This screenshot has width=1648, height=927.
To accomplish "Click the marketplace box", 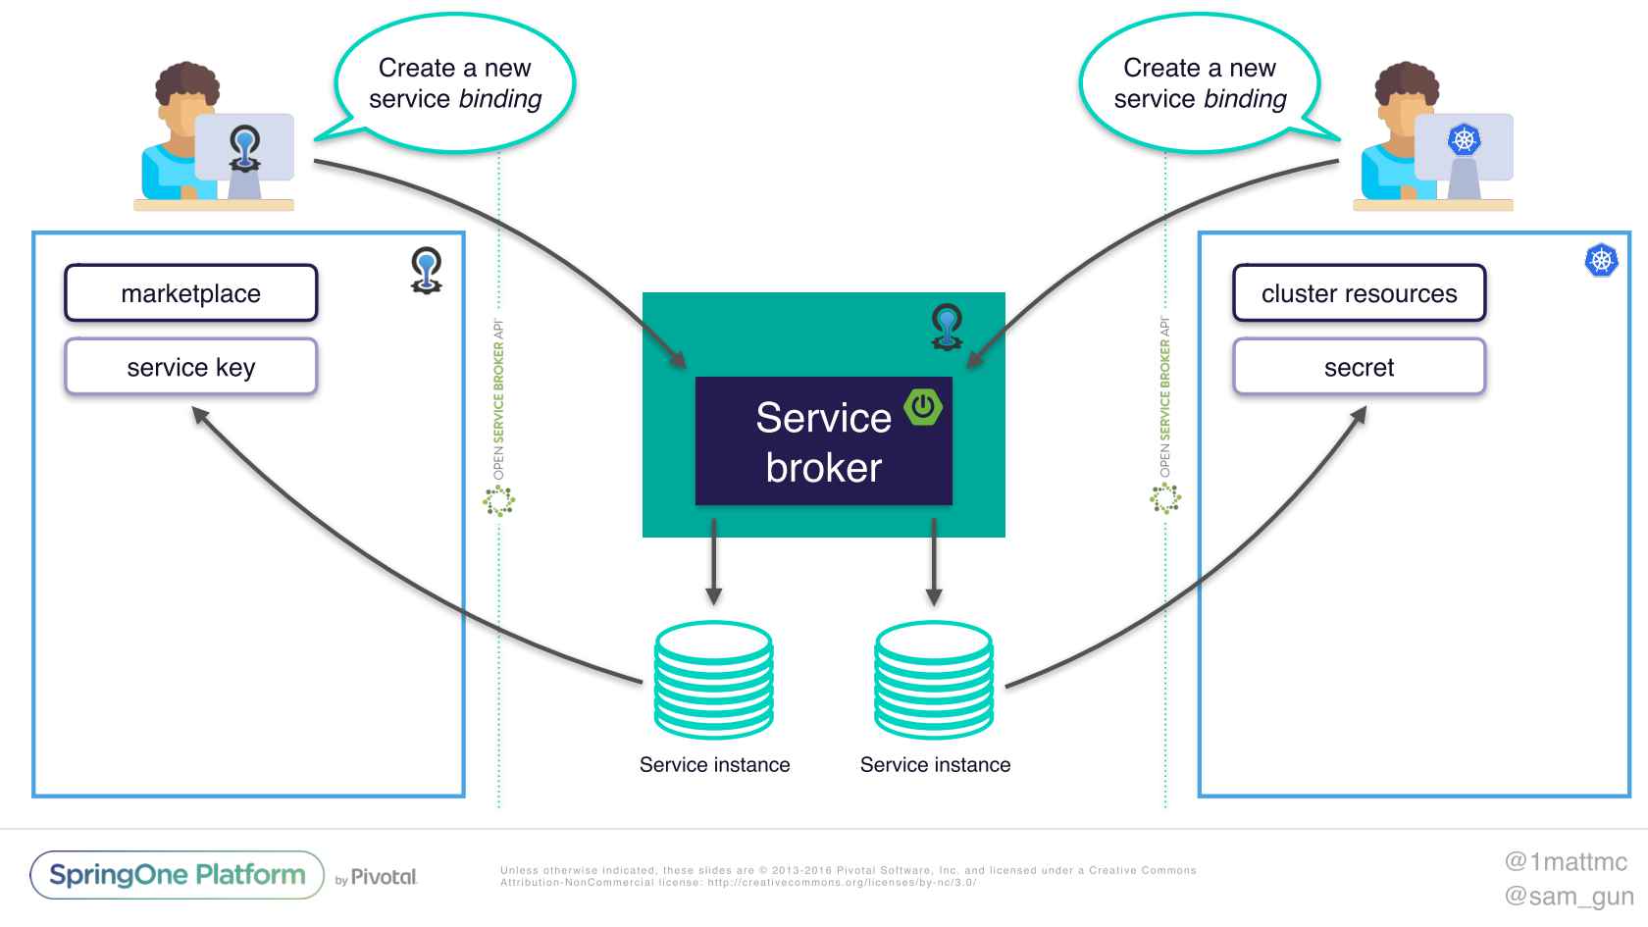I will point(191,293).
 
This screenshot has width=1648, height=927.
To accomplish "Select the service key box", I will point(191,367).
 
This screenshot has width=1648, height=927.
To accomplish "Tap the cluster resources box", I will point(1359,293).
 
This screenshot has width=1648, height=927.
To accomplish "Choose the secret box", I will point(1359,367).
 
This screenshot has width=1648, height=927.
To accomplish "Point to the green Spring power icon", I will point(923,406).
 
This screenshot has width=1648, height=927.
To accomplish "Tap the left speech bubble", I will point(455,83).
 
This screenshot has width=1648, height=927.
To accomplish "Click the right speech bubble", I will point(1200,83).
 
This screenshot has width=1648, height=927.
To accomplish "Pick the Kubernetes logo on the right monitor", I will point(1464,139).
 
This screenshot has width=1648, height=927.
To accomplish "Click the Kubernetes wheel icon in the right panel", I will point(1601,260).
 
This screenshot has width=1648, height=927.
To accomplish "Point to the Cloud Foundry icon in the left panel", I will point(426,271).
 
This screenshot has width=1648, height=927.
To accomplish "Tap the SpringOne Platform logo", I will point(178,875).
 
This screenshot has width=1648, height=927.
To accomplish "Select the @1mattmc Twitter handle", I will point(1566,861).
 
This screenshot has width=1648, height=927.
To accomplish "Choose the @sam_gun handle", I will point(1569,896).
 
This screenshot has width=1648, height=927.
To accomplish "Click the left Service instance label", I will point(714,765).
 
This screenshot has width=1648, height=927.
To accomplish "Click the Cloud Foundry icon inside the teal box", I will point(947,327).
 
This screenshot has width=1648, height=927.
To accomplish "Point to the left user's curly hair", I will point(187,83).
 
